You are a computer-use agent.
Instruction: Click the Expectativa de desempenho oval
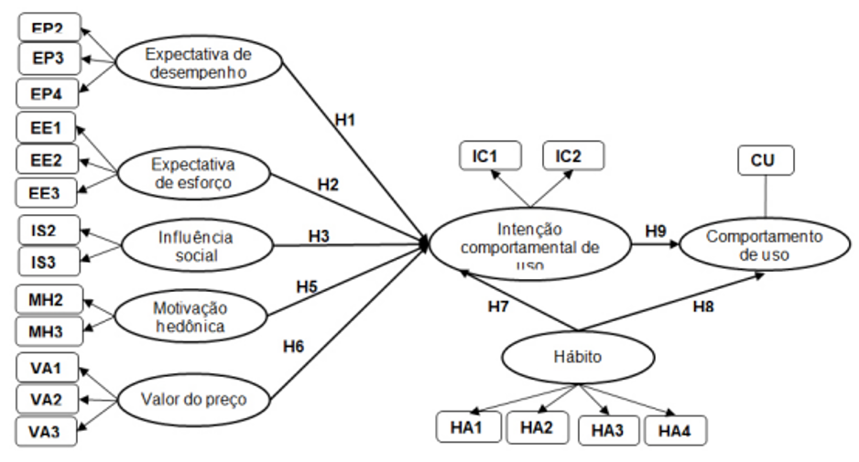[198, 63]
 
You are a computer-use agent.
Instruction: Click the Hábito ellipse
[577, 357]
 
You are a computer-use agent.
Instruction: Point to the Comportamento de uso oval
[764, 245]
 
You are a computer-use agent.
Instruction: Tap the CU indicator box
[766, 160]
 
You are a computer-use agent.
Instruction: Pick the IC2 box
[573, 156]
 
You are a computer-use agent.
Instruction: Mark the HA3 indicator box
[606, 429]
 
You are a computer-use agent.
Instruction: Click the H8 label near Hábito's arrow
[702, 308]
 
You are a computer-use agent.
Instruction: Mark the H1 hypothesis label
[344, 118]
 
